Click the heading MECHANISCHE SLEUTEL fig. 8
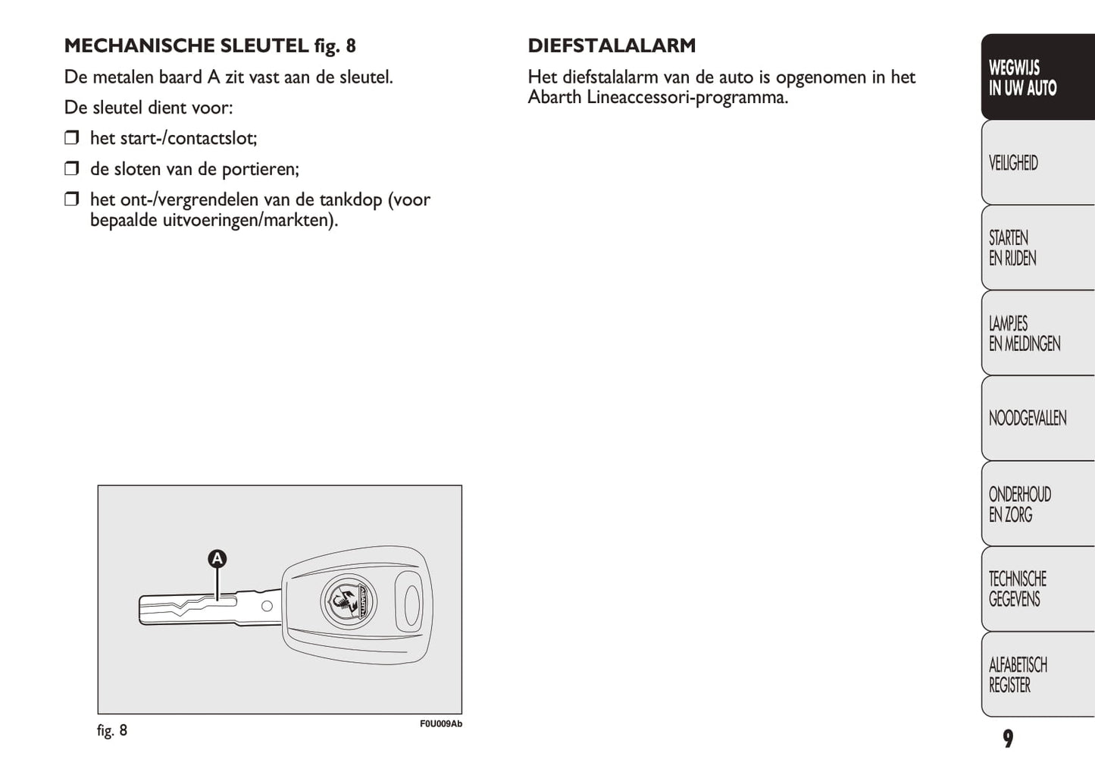(x=210, y=45)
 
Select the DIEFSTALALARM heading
(x=612, y=45)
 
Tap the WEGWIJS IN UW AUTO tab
(x=1037, y=77)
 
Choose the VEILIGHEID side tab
(x=1037, y=163)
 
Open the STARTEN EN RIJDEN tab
(x=1037, y=248)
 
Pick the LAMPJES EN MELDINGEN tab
(x=1037, y=334)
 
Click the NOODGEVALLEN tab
(x=1037, y=419)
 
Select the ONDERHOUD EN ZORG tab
(x=1037, y=504)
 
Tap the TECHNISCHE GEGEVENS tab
(x=1037, y=589)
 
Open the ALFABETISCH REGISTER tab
(x=1037, y=675)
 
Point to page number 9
(x=1008, y=739)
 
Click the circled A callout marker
(x=217, y=559)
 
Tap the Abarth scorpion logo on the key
(x=349, y=601)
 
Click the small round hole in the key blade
(x=267, y=606)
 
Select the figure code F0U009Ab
(x=440, y=724)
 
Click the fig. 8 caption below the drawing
(x=112, y=730)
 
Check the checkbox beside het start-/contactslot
(x=72, y=138)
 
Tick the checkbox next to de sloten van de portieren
(x=72, y=168)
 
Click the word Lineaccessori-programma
(x=687, y=98)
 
